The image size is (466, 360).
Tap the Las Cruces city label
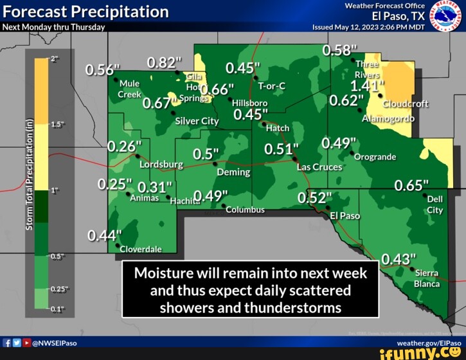(319, 167)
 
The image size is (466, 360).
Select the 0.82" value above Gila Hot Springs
(165, 62)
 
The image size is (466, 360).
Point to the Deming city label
(233, 172)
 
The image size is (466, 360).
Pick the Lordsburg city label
(161, 165)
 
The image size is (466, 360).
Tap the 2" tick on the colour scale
(55, 59)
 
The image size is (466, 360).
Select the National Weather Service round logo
(442, 15)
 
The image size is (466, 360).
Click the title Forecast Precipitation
(85, 12)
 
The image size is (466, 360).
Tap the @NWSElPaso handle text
(54, 343)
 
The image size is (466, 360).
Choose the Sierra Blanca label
(426, 278)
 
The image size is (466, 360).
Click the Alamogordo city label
(388, 118)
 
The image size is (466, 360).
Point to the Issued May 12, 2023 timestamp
(368, 27)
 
